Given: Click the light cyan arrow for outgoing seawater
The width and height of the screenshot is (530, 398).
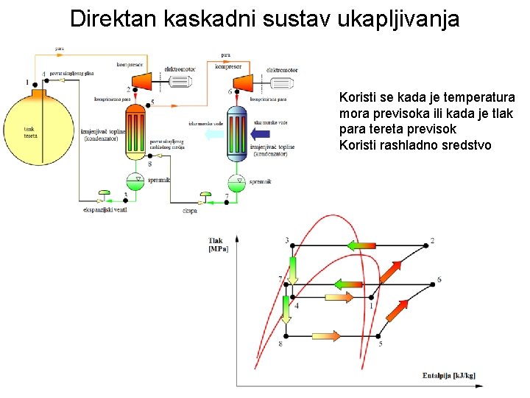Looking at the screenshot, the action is pyautogui.click(x=213, y=135).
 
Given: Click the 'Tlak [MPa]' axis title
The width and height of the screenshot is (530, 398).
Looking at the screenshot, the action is pyautogui.click(x=219, y=244).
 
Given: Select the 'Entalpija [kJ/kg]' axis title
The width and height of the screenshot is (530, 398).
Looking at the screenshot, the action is pyautogui.click(x=449, y=376).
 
